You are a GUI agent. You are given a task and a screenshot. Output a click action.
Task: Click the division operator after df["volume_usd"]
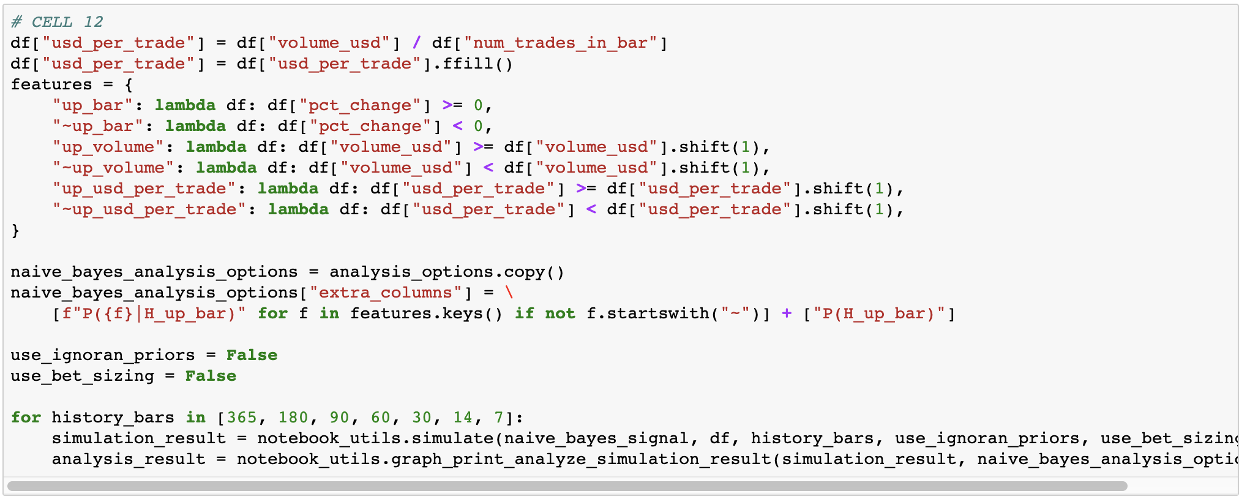pyautogui.click(x=417, y=43)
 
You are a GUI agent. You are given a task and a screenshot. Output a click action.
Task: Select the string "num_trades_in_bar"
pyautogui.click(x=560, y=43)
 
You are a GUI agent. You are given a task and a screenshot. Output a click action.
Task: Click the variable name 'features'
pyautogui.click(x=51, y=84)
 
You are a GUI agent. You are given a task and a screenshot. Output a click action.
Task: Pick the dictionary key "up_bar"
pyautogui.click(x=92, y=105)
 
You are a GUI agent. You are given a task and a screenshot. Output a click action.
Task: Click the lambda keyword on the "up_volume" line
pyautogui.click(x=216, y=147)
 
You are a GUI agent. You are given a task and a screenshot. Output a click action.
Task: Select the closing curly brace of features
pyautogui.click(x=15, y=230)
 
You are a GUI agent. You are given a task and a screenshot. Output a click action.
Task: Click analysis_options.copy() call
pyautogui.click(x=447, y=272)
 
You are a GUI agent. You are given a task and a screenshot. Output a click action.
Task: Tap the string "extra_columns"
pyautogui.click(x=385, y=293)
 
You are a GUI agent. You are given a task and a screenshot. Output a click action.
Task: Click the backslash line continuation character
pyautogui.click(x=509, y=293)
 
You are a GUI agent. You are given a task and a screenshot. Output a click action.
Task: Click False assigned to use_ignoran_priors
pyautogui.click(x=252, y=355)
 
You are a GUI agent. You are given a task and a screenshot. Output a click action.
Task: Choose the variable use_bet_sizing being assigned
pyautogui.click(x=83, y=376)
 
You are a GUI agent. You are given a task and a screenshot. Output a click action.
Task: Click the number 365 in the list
pyautogui.click(x=242, y=418)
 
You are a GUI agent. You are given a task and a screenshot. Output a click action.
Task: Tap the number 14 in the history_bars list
pyautogui.click(x=463, y=418)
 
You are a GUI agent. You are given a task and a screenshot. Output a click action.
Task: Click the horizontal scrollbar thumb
pyautogui.click(x=567, y=486)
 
